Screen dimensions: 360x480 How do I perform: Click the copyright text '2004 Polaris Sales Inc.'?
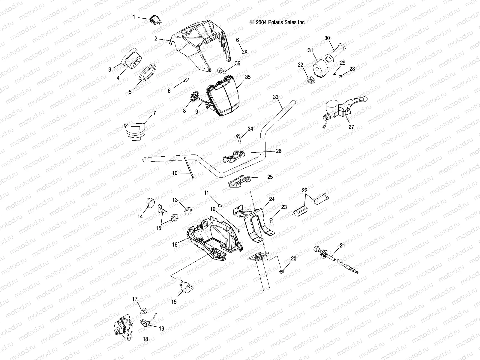(278, 22)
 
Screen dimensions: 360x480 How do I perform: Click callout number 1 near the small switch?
(134, 17)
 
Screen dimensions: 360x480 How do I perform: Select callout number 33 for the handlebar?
(276, 97)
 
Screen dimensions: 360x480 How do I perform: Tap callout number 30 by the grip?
(327, 38)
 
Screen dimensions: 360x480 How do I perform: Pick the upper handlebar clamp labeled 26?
(234, 156)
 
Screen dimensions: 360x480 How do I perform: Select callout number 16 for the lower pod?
(175, 244)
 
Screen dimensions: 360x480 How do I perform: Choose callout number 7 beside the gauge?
(154, 113)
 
